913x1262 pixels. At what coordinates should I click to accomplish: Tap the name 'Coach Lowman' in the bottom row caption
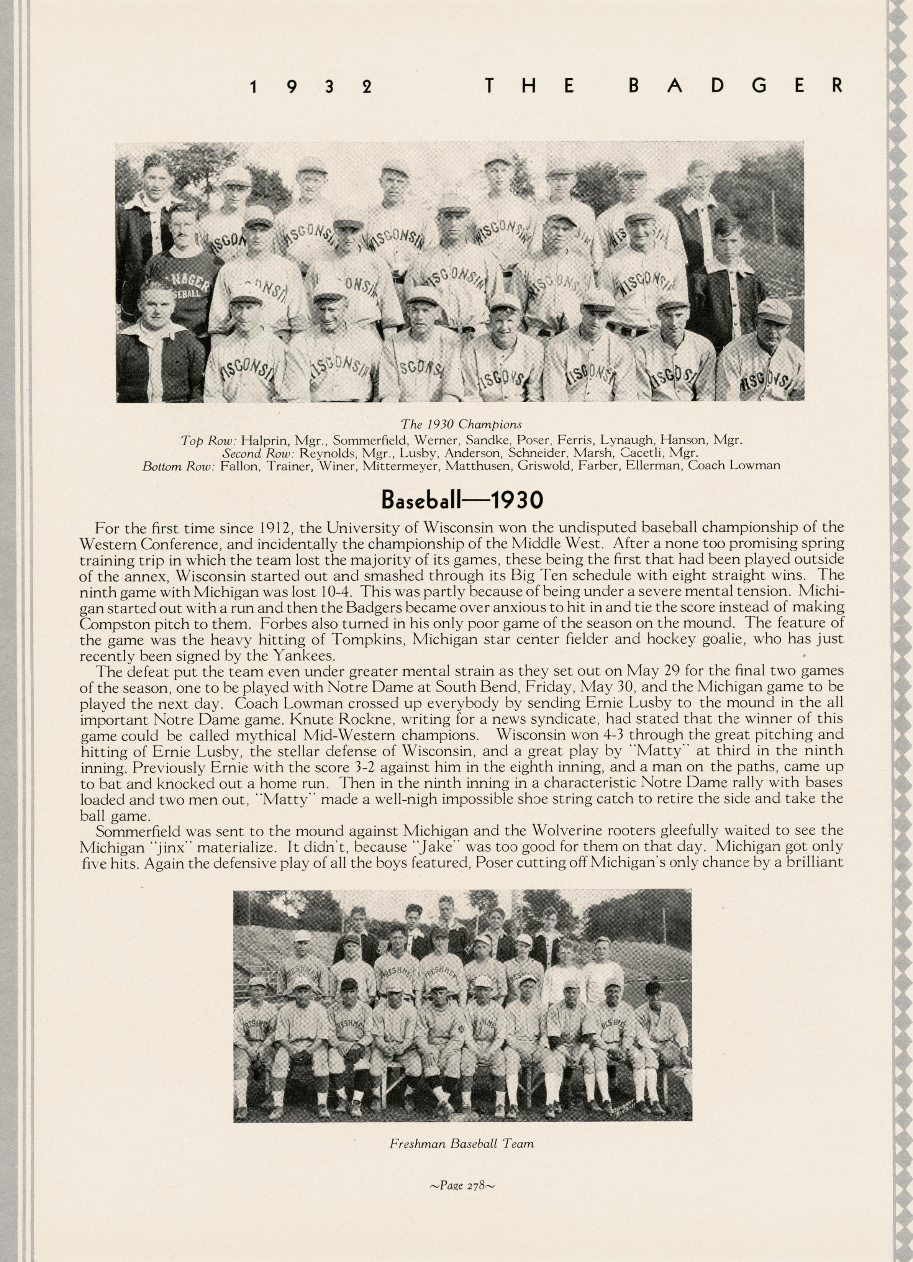(x=733, y=465)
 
